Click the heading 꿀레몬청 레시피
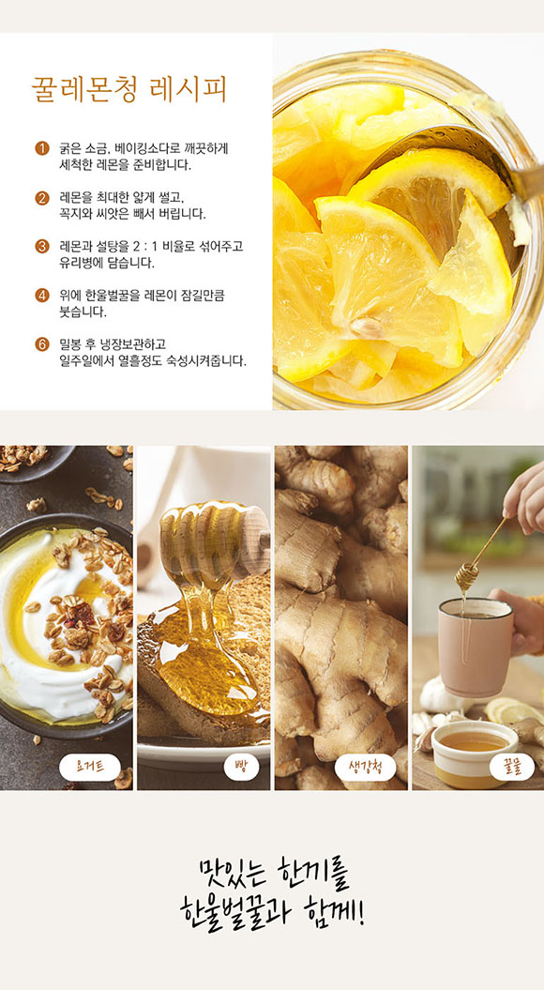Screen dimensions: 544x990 [128, 91]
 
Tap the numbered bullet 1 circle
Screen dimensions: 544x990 [41, 149]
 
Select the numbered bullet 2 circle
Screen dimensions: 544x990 [41, 198]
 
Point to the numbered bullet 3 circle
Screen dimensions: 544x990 [41, 247]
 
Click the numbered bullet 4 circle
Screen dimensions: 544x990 [41, 296]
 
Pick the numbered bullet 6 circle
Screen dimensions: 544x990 [41, 344]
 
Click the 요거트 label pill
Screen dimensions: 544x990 [90, 767]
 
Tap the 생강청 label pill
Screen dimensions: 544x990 [364, 767]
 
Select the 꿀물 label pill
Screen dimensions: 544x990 [511, 767]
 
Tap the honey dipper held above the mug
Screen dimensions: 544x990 [479, 555]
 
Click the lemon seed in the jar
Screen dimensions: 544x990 [366, 326]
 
